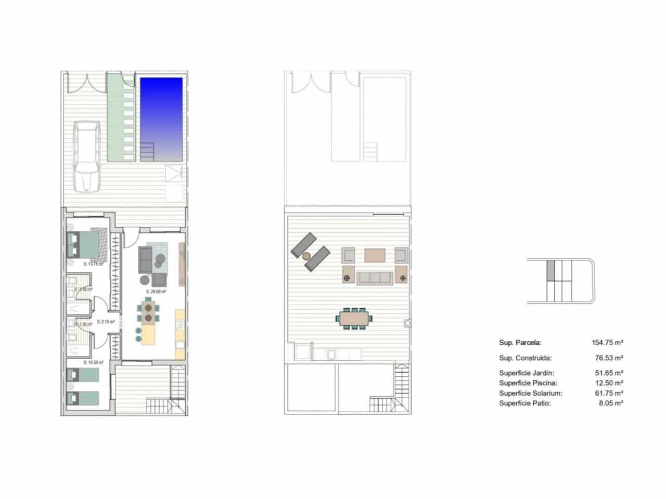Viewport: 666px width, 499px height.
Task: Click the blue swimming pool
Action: coord(161,112)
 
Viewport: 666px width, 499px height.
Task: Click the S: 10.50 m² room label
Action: coord(94,362)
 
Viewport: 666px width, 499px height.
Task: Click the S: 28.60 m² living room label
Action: coord(156,292)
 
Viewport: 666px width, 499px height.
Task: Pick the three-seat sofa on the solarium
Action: coord(375,278)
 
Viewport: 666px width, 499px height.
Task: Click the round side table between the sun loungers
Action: coord(306,256)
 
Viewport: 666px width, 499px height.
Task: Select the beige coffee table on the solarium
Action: coord(375,255)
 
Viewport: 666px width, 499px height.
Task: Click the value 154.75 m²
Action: coord(607,343)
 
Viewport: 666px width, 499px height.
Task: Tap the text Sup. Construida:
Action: coord(525,358)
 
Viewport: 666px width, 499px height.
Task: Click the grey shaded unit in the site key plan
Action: coord(550,270)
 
